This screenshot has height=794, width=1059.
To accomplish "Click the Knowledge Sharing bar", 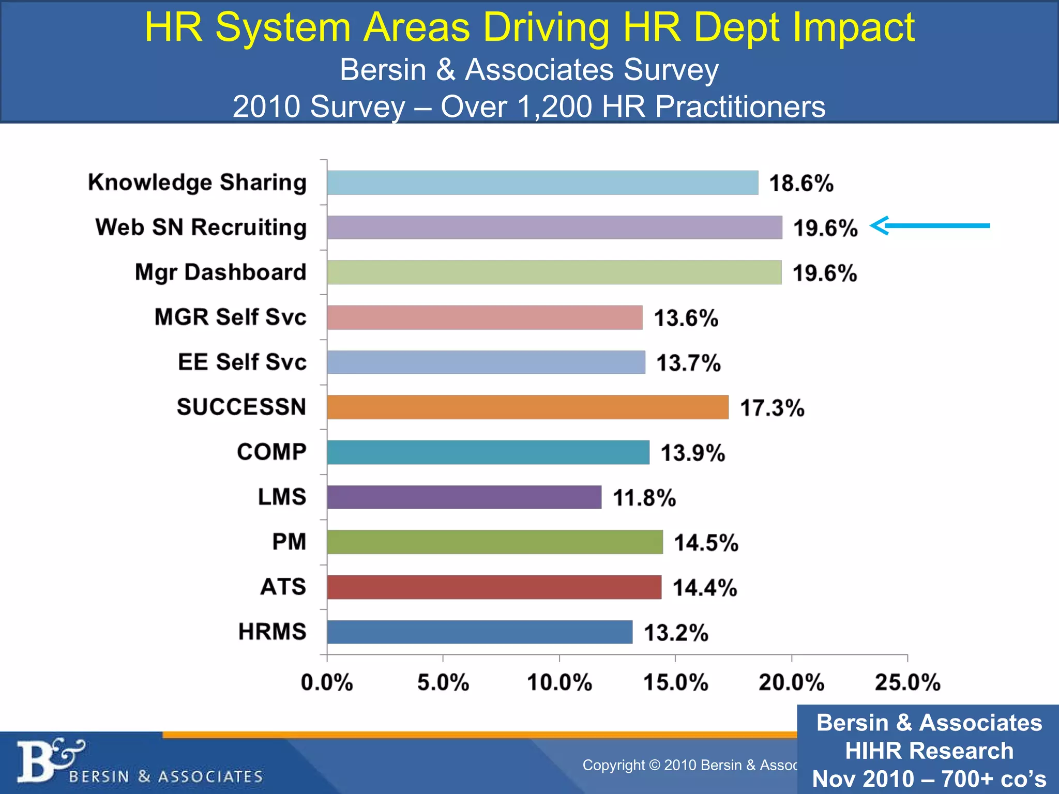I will tap(542, 182).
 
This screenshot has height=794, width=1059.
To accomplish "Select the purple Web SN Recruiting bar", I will tap(554, 227).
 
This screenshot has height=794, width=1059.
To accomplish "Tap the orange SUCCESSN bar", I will tap(527, 407).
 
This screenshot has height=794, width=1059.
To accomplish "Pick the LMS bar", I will tap(464, 497).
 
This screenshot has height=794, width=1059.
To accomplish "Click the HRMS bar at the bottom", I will tap(479, 632).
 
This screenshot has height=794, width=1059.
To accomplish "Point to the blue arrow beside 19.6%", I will tap(930, 225).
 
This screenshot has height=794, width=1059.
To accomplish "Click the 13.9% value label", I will tap(693, 453).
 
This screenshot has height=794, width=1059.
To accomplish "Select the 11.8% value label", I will tap(644, 498).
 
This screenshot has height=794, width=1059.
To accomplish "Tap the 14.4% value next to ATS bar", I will tap(705, 588).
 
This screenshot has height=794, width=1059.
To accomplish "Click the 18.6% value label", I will tap(801, 184).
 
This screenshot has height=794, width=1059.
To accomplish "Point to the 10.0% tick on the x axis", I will tap(559, 682).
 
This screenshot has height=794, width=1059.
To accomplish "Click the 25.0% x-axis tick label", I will tap(907, 682).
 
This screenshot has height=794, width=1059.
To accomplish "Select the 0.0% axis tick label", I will tap(327, 682).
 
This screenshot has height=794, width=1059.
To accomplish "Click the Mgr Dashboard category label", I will tap(220, 272).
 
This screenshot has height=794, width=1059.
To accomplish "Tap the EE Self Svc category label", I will tap(242, 362).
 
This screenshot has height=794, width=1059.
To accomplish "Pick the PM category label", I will tap(289, 542).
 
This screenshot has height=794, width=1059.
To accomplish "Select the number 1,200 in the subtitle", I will tap(555, 107).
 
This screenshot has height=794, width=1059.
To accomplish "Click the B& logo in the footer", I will tap(49, 760).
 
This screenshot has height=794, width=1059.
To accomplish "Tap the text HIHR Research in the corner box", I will tap(929, 751).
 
